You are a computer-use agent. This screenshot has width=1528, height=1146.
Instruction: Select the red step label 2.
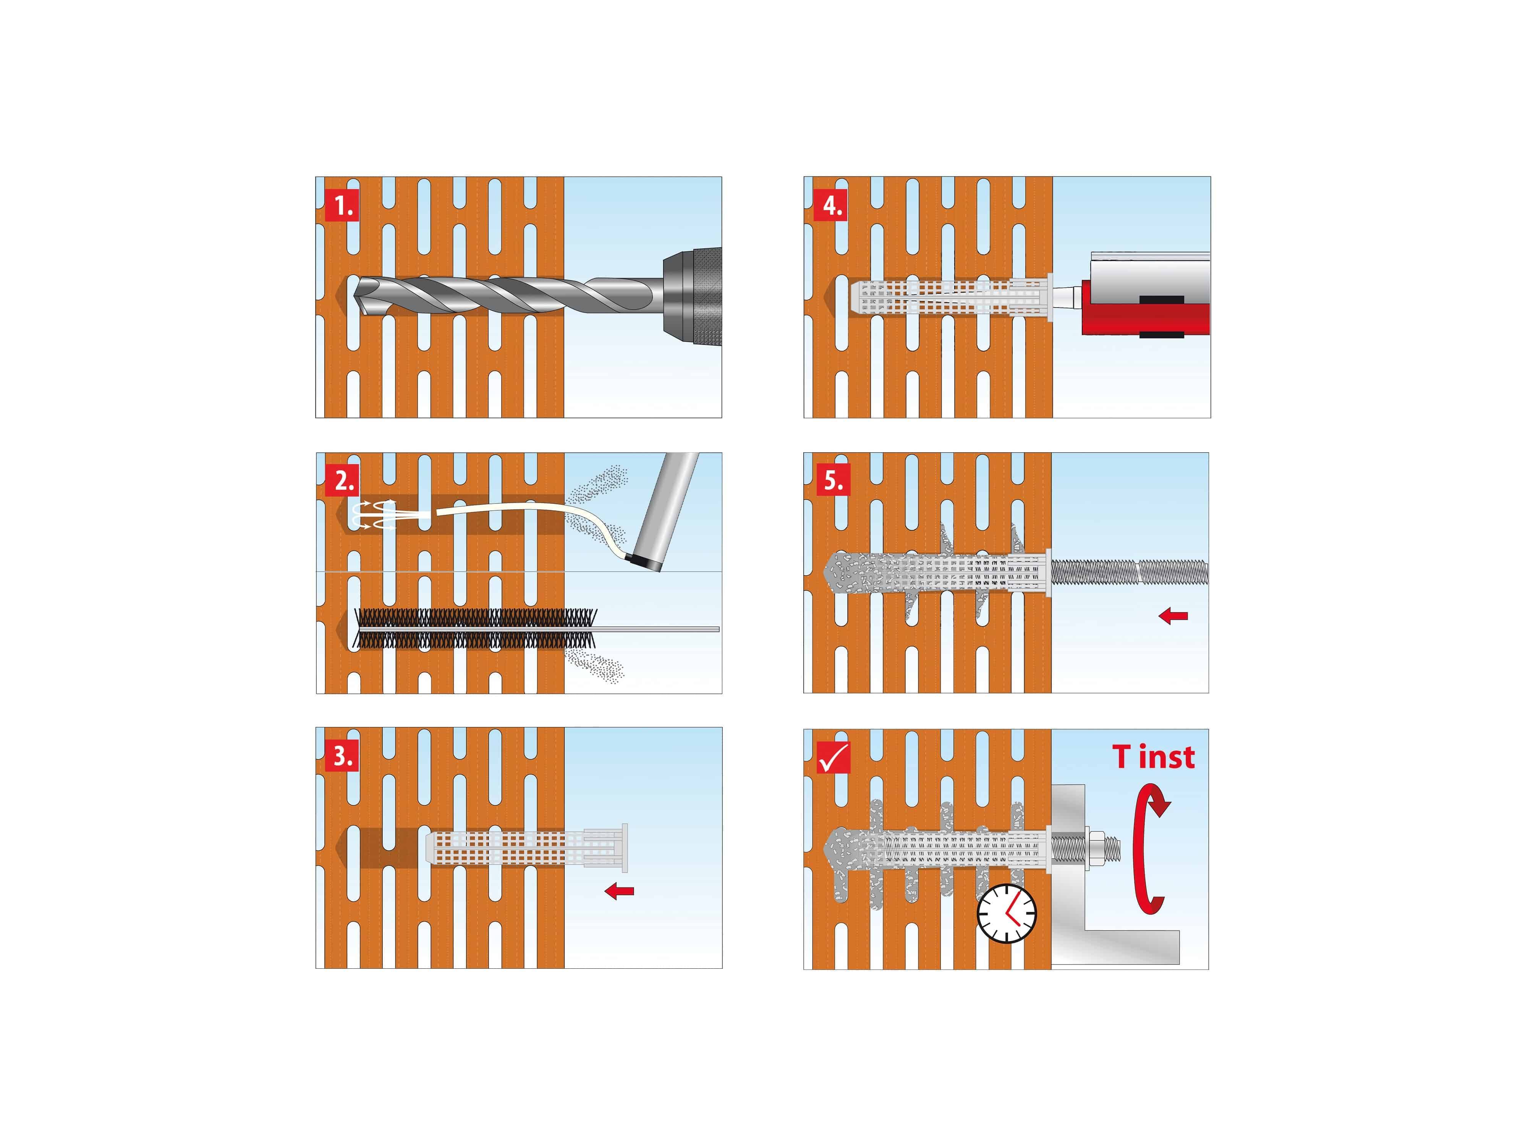pyautogui.click(x=342, y=481)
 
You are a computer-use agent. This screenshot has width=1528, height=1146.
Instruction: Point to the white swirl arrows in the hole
pyautogui.click(x=373, y=515)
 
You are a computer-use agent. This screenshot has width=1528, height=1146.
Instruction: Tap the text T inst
pyautogui.click(x=1153, y=757)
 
